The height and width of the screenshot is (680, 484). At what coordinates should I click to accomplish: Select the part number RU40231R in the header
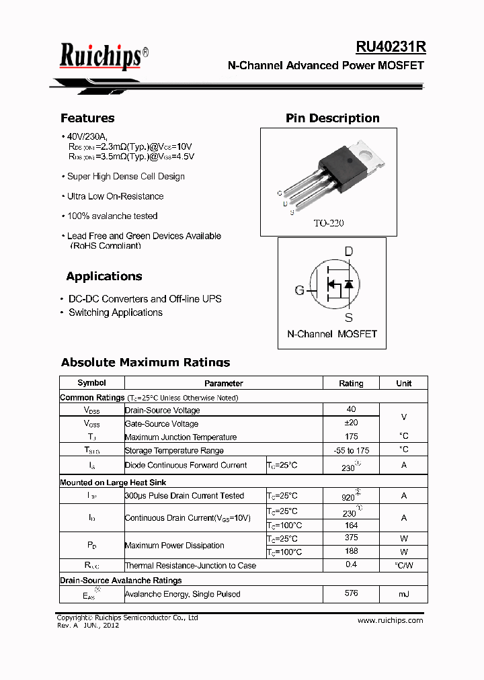point(391,47)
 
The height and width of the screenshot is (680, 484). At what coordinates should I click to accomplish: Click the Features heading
point(87,118)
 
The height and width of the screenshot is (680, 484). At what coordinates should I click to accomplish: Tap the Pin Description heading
point(332,118)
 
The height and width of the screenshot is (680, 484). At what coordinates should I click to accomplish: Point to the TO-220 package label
point(328,223)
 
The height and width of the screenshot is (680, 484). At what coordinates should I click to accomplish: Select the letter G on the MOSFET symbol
point(299,290)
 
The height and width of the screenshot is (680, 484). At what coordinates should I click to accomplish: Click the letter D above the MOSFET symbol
point(348,252)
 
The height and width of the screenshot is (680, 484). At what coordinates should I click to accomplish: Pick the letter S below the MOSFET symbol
point(348,318)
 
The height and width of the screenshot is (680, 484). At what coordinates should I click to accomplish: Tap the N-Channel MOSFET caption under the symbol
point(332,334)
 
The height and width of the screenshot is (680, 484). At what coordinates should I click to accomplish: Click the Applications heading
point(104,276)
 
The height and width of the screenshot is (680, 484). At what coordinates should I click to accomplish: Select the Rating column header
point(351,383)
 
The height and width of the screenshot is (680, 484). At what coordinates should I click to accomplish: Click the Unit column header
point(403,383)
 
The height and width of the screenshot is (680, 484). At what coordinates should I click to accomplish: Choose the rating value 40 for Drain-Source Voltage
point(351,409)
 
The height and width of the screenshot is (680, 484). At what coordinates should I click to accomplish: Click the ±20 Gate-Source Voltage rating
point(351,423)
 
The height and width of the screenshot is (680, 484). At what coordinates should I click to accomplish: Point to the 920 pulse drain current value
point(349,497)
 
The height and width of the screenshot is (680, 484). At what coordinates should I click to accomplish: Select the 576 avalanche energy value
point(351,593)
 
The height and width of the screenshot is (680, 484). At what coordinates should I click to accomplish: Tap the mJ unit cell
point(403,594)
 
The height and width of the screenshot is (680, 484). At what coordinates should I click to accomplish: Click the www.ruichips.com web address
point(390,620)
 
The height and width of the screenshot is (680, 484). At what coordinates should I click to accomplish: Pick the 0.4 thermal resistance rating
point(351,564)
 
